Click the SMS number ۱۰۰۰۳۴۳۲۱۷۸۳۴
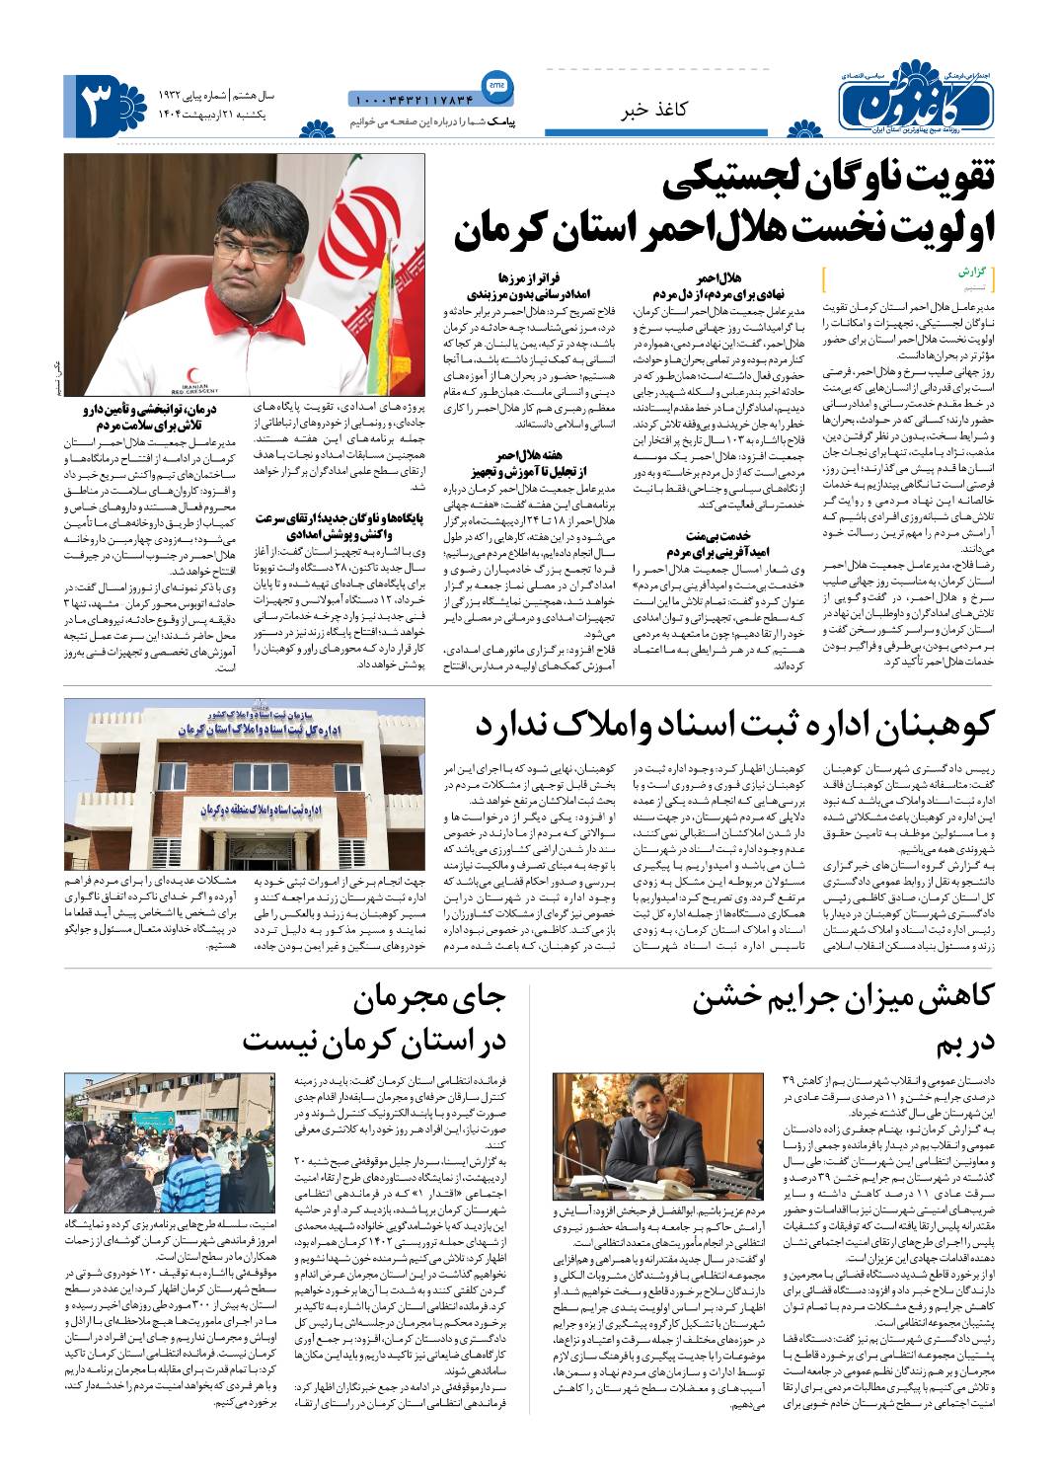(412, 99)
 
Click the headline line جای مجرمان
(429, 999)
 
